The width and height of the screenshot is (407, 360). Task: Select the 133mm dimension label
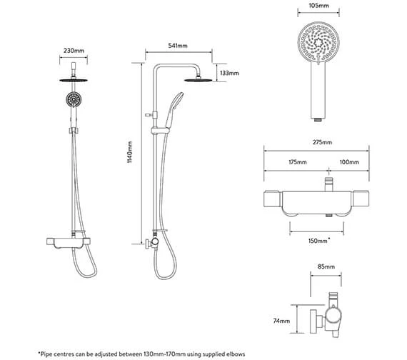(x=231, y=73)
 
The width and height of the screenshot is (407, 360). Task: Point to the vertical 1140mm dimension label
(x=129, y=165)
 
